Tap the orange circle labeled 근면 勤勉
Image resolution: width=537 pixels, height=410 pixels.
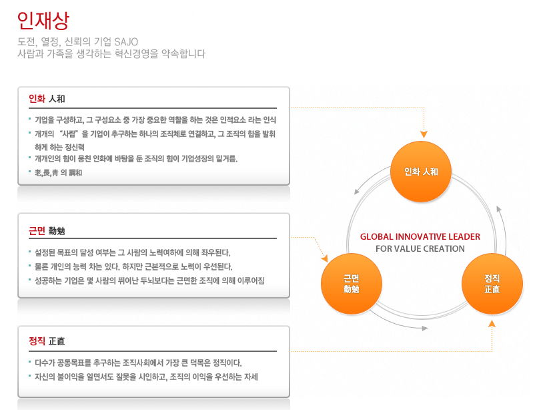click(351, 284)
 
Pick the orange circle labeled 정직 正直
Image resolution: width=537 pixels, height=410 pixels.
click(492, 284)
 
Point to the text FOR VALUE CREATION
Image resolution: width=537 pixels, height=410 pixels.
click(420, 249)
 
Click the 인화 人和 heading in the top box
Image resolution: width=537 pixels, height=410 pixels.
click(46, 99)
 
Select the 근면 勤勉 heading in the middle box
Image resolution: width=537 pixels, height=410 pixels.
click(46, 231)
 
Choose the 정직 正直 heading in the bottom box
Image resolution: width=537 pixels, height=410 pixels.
click(46, 341)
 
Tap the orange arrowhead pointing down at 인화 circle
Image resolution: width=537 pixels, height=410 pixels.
click(424, 134)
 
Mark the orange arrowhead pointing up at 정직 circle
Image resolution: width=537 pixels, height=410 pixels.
click(492, 324)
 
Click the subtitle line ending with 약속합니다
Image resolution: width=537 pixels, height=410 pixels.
click(111, 54)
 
